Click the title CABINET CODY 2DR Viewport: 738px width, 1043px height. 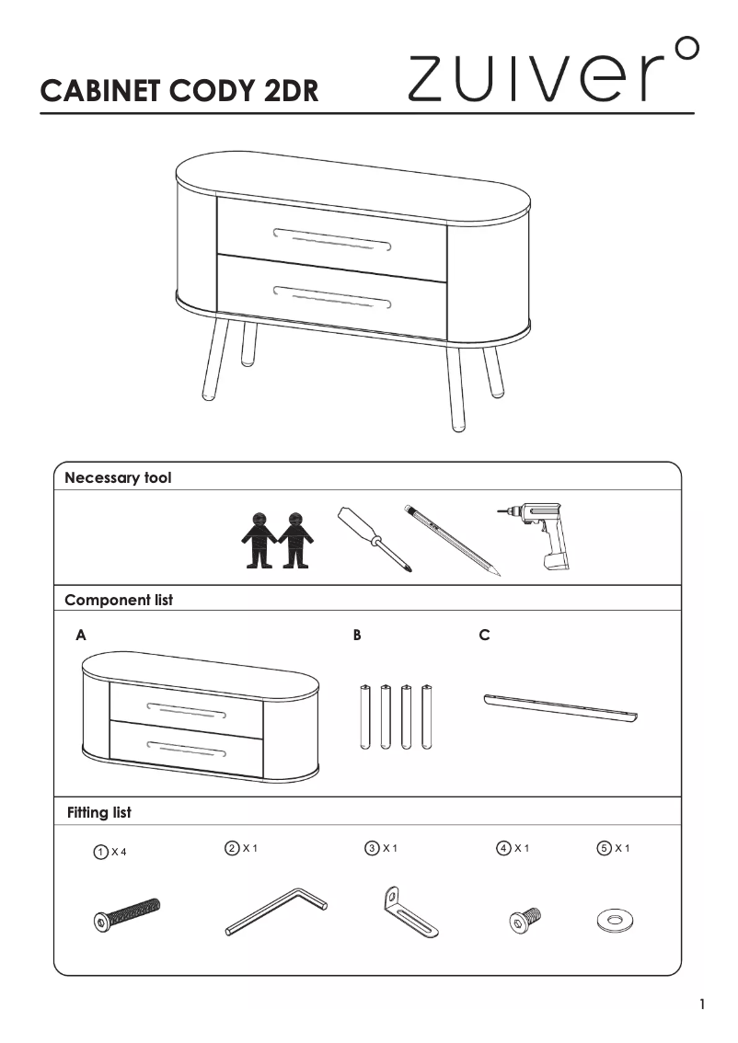[180, 91]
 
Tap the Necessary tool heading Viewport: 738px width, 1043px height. [118, 477]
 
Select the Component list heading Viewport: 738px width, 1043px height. [119, 600]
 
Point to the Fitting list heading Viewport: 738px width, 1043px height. [99, 813]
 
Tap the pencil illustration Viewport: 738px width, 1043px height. [451, 540]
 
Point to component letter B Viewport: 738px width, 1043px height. [357, 636]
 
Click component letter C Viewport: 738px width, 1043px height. [485, 636]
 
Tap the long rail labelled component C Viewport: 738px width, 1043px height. [560, 707]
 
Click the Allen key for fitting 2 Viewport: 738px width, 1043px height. [276, 911]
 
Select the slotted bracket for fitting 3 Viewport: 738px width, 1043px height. [409, 913]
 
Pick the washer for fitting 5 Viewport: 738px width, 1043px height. [616, 919]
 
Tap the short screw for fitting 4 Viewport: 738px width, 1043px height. [525, 918]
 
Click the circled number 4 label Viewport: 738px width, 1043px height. [503, 848]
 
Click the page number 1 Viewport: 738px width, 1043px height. [702, 1004]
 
